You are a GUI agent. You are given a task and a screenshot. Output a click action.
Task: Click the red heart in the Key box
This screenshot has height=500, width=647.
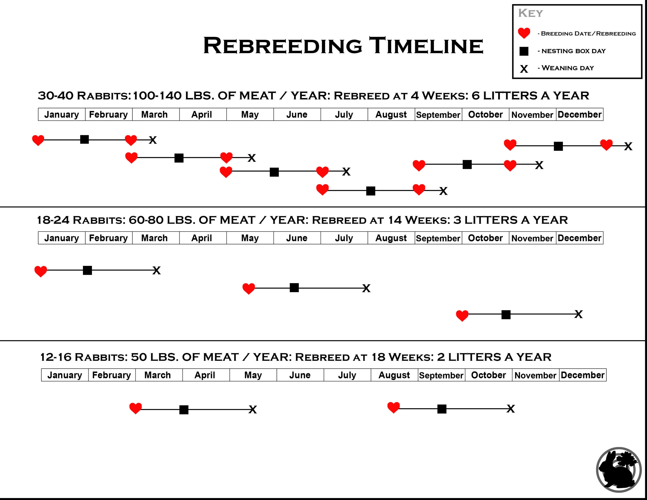point(524,33)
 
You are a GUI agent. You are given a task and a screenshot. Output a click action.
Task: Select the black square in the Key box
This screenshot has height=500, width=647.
point(524,51)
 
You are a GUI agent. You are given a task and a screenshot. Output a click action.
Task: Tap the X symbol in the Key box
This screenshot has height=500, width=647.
point(524,69)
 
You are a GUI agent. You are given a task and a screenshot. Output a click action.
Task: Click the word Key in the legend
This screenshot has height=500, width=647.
point(530,13)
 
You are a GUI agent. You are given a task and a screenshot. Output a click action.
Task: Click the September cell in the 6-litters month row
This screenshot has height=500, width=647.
point(438,115)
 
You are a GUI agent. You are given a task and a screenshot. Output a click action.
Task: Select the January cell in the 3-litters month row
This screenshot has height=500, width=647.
point(62,238)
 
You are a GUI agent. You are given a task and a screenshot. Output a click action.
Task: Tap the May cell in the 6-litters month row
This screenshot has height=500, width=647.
point(250,115)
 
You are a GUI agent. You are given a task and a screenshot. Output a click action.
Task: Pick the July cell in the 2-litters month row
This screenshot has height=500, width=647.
point(347,375)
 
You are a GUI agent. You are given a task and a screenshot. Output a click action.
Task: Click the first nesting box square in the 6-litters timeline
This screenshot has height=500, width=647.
point(84,139)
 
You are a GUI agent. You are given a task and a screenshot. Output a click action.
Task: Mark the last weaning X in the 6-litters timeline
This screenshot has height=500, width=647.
point(628,146)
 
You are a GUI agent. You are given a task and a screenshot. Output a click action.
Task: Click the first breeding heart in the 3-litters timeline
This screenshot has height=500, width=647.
point(41,271)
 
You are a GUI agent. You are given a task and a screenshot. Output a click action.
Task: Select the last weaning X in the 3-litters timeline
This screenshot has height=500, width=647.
point(579,314)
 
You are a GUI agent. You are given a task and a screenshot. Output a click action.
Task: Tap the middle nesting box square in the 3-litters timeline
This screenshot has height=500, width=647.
point(294,287)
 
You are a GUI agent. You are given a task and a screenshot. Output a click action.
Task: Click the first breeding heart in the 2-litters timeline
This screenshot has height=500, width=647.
point(136,408)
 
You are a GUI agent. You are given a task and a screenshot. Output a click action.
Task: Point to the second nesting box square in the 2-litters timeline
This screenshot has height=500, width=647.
point(442,409)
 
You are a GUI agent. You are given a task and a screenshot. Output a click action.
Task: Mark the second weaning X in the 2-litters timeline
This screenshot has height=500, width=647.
point(511,409)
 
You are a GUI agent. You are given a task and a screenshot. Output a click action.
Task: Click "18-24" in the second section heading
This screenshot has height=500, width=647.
point(53,220)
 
